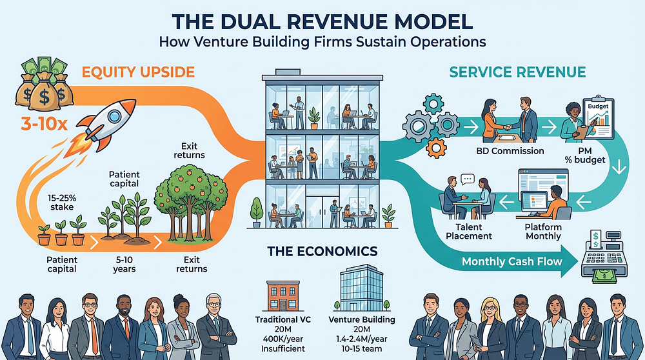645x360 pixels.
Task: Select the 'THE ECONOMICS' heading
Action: pyautogui.click(x=321, y=251)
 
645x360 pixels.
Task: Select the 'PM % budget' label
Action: pyautogui.click(x=583, y=156)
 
